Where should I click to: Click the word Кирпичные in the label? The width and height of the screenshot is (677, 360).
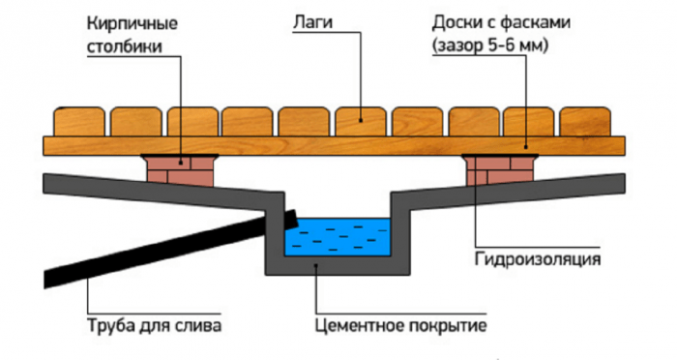click(x=132, y=23)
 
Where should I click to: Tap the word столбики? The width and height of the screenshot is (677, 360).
click(x=125, y=46)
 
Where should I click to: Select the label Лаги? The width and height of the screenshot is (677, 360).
click(x=313, y=22)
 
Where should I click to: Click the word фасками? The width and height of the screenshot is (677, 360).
click(x=536, y=22)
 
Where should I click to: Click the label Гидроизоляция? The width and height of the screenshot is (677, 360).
click(x=538, y=259)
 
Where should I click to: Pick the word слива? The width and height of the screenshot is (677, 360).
click(x=199, y=325)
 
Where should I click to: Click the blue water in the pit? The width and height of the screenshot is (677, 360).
click(x=337, y=237)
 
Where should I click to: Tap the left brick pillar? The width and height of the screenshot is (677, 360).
click(x=180, y=170)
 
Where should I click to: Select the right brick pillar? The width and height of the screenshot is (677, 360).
click(x=500, y=170)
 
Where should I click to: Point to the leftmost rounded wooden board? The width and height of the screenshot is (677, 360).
click(x=78, y=122)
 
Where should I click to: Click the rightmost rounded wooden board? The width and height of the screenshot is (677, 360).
click(x=585, y=122)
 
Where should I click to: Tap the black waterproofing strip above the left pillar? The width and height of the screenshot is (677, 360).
click(x=179, y=155)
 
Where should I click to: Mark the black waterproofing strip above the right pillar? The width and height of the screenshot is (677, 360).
click(x=500, y=155)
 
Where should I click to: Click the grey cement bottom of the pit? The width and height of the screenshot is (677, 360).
click(x=338, y=265)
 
